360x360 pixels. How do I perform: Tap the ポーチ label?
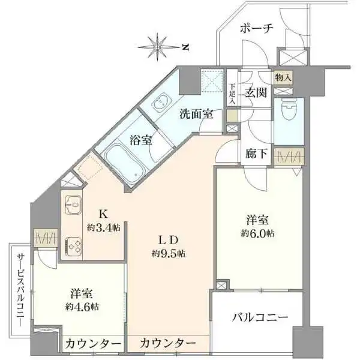[256, 28]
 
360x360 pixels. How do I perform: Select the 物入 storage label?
[283, 77]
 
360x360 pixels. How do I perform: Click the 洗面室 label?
[196, 113]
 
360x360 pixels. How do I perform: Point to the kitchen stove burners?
[74, 245]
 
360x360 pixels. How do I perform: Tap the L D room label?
[168, 239]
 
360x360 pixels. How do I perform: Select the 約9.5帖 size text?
[168, 253]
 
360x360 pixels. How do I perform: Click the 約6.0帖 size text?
[259, 232]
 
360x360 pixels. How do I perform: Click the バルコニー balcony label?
[260, 317]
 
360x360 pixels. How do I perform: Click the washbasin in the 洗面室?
[160, 106]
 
